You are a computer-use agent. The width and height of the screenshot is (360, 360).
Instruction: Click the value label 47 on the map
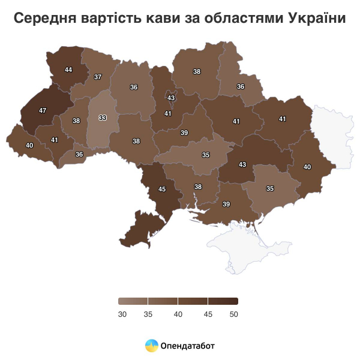43,111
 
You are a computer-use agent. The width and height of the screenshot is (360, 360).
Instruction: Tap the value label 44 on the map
68,70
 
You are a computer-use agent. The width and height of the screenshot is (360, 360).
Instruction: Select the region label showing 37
98,77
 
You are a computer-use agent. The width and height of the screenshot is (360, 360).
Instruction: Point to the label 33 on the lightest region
103,118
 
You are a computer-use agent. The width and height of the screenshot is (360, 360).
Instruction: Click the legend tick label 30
122,314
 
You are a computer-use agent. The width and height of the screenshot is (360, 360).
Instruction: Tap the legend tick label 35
149,314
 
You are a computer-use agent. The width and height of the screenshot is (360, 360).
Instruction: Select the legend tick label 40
178,314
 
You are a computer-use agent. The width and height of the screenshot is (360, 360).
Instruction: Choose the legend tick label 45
208,314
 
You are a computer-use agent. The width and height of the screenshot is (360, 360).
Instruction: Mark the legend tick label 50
234,314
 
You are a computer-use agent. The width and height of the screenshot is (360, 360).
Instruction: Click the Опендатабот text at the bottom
188,346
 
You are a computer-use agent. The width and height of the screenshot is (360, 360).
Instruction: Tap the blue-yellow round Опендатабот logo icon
152,346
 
